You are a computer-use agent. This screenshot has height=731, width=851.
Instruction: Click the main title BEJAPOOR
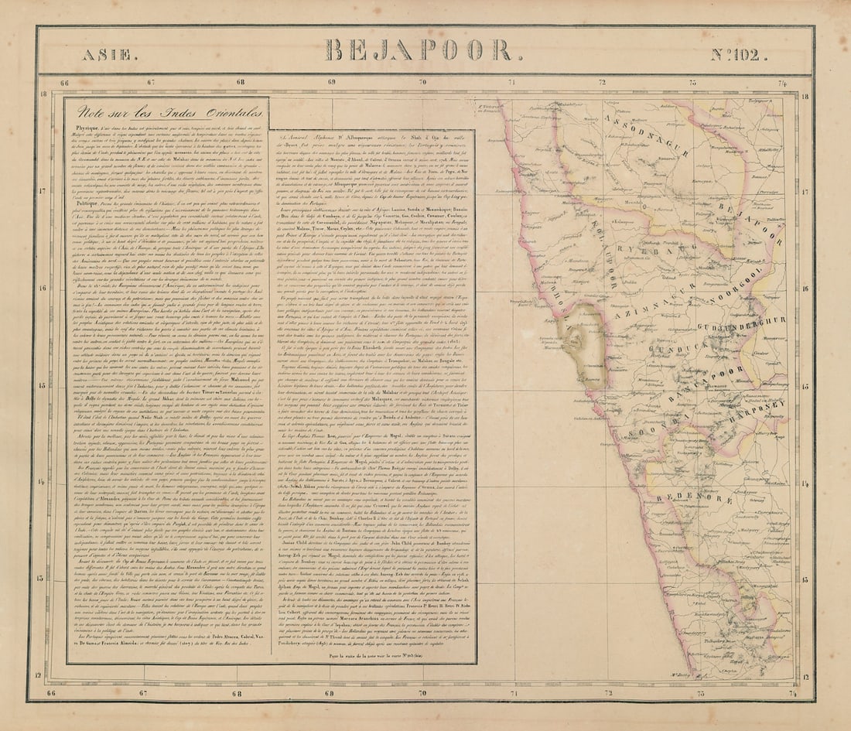[419, 51]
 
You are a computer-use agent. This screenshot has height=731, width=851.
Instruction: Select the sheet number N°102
[739, 55]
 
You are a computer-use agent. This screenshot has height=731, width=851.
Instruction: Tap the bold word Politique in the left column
[88, 200]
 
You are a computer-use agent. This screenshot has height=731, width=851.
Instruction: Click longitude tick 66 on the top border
[64, 83]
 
